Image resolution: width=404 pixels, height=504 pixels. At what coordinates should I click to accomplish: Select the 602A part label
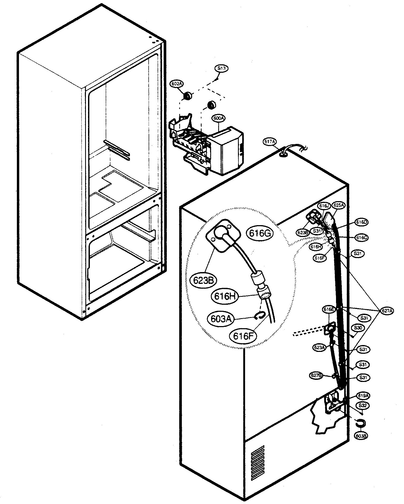[x=177, y=84]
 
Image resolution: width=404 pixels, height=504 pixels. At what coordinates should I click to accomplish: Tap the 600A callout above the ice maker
[x=218, y=119]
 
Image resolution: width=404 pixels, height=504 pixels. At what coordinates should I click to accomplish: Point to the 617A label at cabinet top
[x=270, y=142]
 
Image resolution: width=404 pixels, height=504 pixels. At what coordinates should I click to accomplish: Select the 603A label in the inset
[x=221, y=319]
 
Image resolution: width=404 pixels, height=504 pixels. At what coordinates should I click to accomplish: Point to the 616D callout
[x=361, y=222]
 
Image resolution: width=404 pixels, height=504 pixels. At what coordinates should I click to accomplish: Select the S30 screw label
[x=358, y=328]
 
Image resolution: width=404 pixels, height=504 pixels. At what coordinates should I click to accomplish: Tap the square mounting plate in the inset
[x=223, y=234]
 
